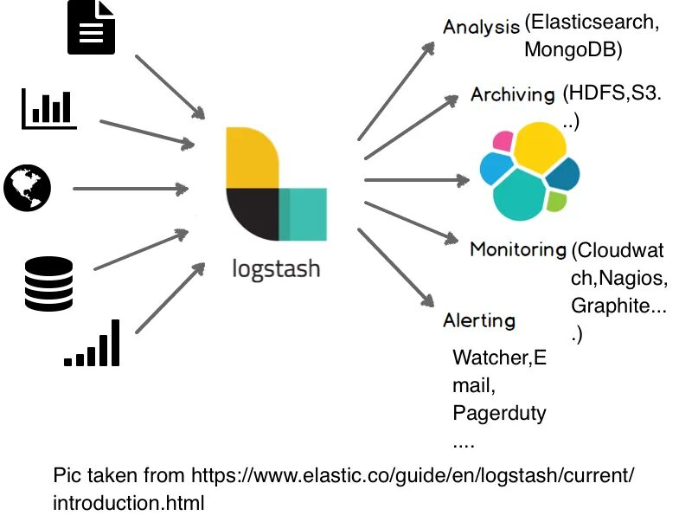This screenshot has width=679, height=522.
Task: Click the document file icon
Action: point(91,27)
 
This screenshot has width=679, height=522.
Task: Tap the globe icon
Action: point(27,188)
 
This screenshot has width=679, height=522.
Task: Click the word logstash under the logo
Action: point(276,267)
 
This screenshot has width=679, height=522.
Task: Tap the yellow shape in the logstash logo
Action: point(251,159)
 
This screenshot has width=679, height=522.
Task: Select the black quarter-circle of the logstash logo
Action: point(252,214)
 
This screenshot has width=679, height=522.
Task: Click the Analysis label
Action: point(481,26)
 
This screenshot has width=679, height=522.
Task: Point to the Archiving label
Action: point(512,94)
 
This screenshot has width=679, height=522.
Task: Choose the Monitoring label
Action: point(517,249)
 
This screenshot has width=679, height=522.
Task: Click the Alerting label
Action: point(478,320)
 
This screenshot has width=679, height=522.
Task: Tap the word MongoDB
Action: point(573,50)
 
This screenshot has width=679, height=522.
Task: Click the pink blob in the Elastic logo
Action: point(501,141)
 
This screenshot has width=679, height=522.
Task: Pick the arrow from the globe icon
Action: point(130,188)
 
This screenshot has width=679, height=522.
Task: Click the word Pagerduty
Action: point(499,413)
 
